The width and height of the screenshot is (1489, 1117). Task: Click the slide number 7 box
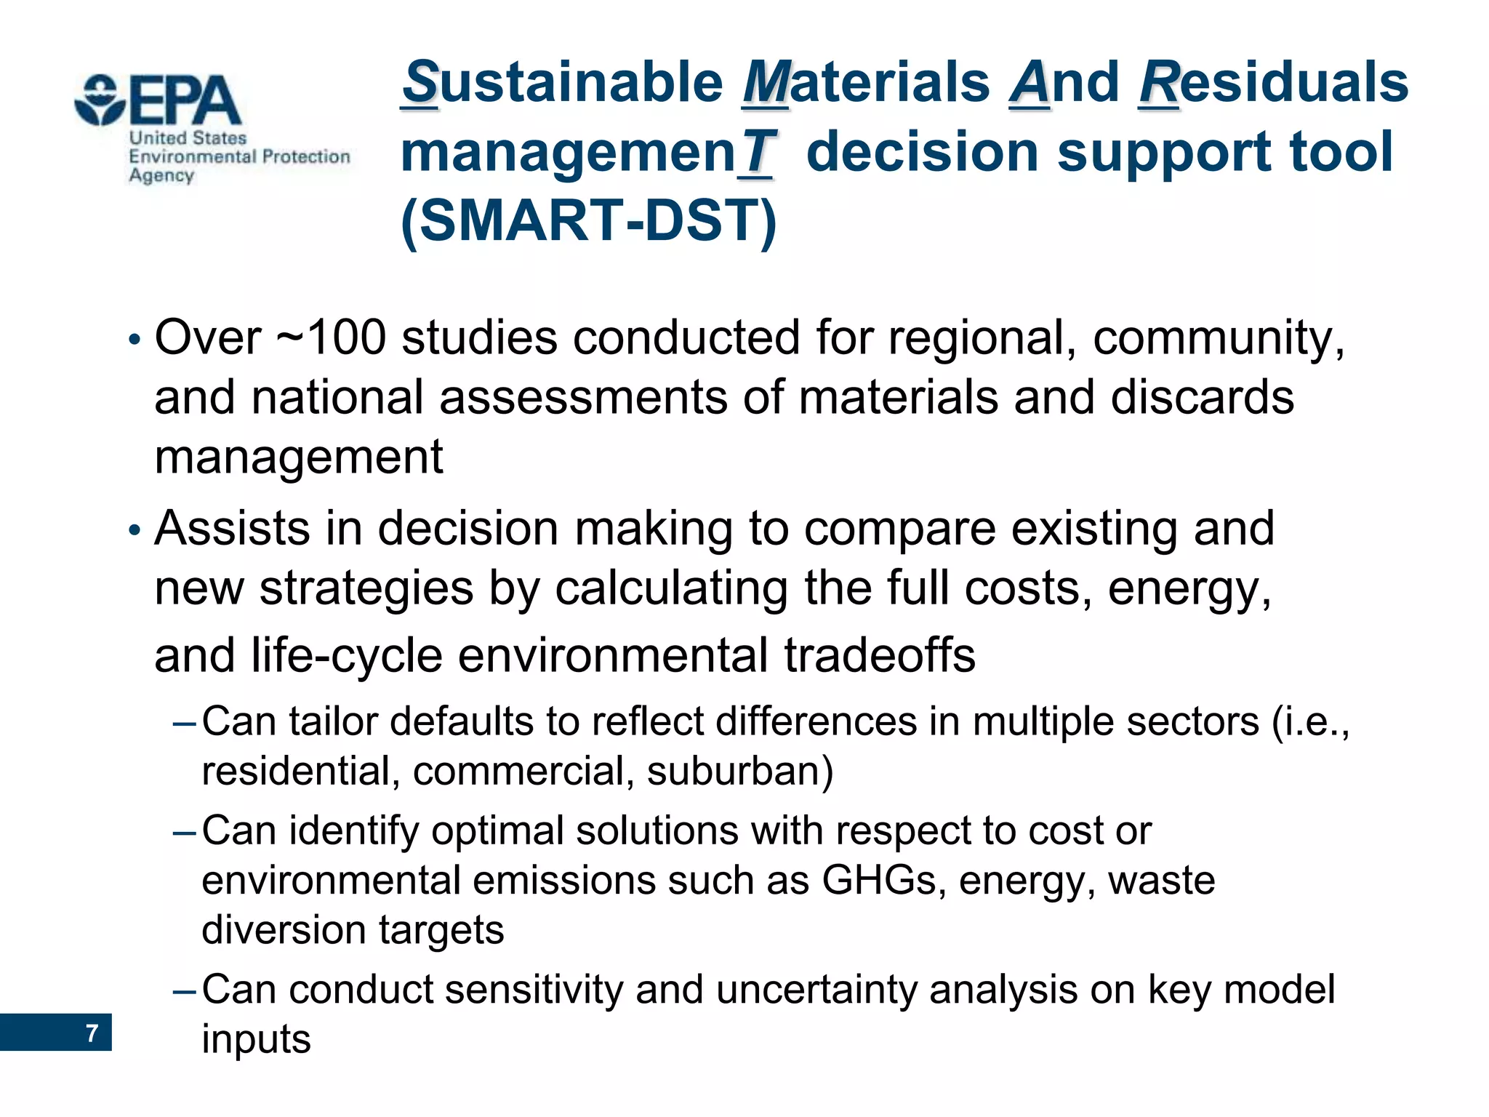tap(56, 1032)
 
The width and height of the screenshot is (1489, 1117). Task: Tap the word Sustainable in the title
tap(563, 82)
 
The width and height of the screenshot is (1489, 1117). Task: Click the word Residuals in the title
tap(1273, 82)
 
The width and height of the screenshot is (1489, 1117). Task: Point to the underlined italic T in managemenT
tap(756, 153)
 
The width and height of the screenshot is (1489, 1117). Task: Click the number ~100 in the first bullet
tap(331, 338)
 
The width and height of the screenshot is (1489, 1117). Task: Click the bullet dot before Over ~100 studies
tap(133, 340)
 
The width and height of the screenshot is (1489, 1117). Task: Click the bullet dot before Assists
tap(133, 531)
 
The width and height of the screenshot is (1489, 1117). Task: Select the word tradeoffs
tap(879, 655)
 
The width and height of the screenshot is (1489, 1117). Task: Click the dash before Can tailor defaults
tap(184, 724)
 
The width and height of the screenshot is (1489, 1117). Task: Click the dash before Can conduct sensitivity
tap(184, 991)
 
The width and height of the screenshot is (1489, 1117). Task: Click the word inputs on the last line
tap(256, 1039)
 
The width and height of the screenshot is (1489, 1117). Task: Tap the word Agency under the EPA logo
tap(161, 176)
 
